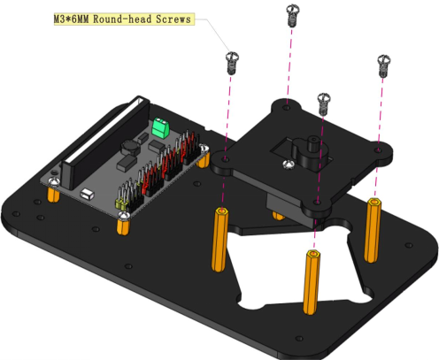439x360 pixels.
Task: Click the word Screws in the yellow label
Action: pyautogui.click(x=173, y=19)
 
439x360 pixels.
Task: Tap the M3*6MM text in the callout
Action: pyautogui.click(x=71, y=19)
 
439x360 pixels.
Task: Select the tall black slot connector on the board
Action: pyautogui.click(x=105, y=142)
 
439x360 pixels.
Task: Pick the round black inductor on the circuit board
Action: pyautogui.click(x=130, y=148)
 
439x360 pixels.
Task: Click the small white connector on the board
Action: pyautogui.click(x=87, y=194)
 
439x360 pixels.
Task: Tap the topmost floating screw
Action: pyautogui.click(x=293, y=15)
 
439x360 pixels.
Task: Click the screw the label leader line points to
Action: pyautogui.click(x=232, y=63)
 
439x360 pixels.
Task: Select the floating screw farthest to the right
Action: pyautogui.click(x=383, y=65)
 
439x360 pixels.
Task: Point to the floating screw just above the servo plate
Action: pyautogui.click(x=324, y=104)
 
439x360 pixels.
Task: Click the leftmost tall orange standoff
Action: pyautogui.click(x=219, y=240)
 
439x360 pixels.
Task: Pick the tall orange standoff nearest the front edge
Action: pyautogui.click(x=312, y=282)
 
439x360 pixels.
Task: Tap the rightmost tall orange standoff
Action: pyautogui.click(x=373, y=230)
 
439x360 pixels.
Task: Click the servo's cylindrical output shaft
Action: pyautogui.click(x=312, y=144)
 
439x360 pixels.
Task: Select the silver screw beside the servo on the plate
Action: pyautogui.click(x=289, y=165)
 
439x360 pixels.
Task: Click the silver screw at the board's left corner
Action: pyautogui.click(x=54, y=182)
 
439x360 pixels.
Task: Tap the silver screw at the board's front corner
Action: pyautogui.click(x=124, y=216)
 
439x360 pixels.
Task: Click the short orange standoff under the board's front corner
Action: pyautogui.click(x=123, y=226)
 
